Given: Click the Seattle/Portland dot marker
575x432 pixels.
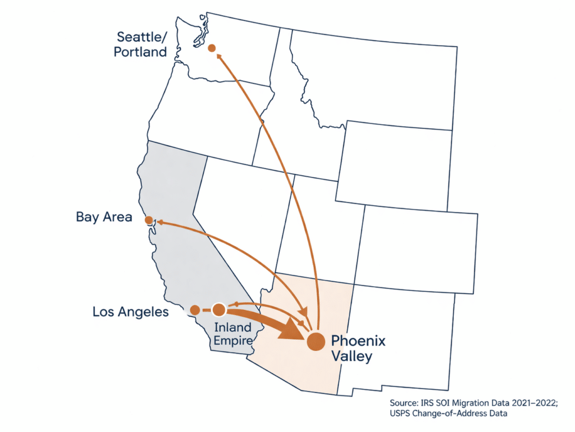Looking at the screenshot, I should (x=212, y=48).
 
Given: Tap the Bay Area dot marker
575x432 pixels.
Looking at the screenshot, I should (x=149, y=219).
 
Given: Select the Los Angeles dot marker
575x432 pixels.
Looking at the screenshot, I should (x=194, y=310).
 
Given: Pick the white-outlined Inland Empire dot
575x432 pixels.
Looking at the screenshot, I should (x=219, y=310).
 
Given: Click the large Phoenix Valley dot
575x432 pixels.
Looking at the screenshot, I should (x=316, y=341).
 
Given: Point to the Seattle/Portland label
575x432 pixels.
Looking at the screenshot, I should (x=142, y=44).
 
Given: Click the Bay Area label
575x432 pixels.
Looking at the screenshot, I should (x=104, y=217).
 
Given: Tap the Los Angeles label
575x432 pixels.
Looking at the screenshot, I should (x=130, y=312).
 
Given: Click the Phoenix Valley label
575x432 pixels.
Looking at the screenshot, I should (x=358, y=348).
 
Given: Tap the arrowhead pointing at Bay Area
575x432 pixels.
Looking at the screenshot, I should (x=159, y=222).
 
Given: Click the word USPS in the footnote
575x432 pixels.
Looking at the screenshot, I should (x=401, y=415).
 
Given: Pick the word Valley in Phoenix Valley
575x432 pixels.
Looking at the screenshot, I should (x=351, y=356).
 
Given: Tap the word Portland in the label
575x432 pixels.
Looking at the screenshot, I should (x=142, y=52).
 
